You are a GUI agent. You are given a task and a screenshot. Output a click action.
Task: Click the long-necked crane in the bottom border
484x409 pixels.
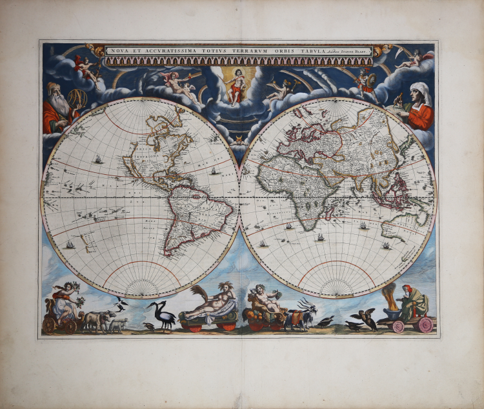click(x=161, y=316)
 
